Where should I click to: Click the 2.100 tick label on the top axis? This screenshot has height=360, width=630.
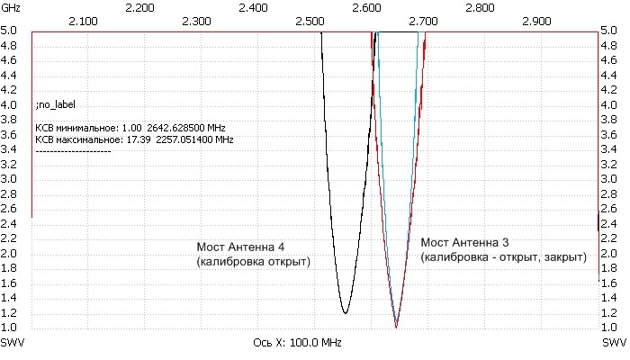[83, 20]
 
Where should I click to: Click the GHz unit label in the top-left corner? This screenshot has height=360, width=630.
[11, 6]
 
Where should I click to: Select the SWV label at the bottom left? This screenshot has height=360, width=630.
[13, 343]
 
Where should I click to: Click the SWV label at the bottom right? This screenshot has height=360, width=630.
[615, 343]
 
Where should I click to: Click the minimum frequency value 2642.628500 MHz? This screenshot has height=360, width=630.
[189, 128]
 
